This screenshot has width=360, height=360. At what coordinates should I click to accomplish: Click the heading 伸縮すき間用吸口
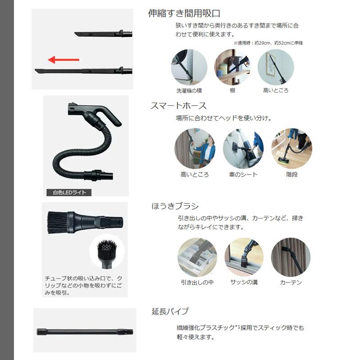coord(184,13)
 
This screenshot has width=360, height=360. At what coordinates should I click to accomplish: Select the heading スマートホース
coord(178,106)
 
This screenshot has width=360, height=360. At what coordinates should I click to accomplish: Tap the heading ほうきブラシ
coord(175,207)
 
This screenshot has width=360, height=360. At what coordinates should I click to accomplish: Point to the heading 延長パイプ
coord(170,311)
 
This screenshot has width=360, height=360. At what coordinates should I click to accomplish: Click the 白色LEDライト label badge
coord(69,192)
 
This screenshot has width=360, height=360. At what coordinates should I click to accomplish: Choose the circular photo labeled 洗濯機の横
coord(189,67)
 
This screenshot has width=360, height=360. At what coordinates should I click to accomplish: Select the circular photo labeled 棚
coord(232,67)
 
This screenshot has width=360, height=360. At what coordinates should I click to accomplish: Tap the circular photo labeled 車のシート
coord(243,148)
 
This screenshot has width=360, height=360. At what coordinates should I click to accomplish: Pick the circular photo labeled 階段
coord(292,148)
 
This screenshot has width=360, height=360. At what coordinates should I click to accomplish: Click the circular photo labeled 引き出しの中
coord(197,257)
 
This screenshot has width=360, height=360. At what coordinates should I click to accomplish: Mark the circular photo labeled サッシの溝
coord(244,257)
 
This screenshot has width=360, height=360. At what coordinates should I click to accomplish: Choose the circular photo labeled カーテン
coord(291,257)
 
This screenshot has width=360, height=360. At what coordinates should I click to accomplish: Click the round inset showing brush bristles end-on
coord(106,251)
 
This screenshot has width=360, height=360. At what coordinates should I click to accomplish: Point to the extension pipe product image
coord(85,332)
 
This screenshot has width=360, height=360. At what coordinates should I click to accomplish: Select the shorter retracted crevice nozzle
coord(103,34)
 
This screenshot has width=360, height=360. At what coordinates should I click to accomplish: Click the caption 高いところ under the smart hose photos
coord(194,175)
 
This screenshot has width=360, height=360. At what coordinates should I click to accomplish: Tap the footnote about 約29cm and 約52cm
coord(268,43)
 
